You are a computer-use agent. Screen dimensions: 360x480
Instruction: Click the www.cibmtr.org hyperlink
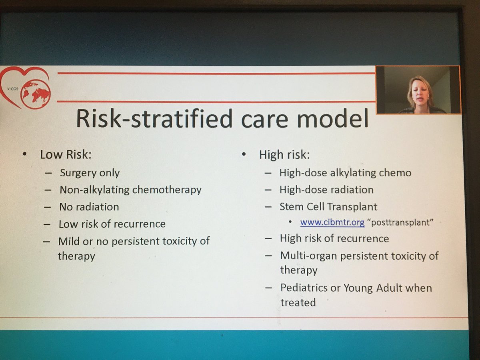point(332,222)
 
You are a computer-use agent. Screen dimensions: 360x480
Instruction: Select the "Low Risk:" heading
point(66,154)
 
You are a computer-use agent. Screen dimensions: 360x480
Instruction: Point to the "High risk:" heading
point(284,154)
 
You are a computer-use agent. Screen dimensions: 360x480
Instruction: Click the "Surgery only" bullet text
point(90,173)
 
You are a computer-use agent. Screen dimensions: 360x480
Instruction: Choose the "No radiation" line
point(89,207)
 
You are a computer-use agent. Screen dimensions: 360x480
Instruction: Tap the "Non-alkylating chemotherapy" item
point(130,190)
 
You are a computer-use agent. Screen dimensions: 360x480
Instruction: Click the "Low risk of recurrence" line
point(112,224)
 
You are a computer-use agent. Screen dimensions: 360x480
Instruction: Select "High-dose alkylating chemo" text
point(345,173)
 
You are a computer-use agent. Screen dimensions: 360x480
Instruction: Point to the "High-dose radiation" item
point(326,190)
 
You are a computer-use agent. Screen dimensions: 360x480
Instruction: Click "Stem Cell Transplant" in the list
point(328,207)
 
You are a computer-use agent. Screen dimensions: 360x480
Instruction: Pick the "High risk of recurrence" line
point(334,239)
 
